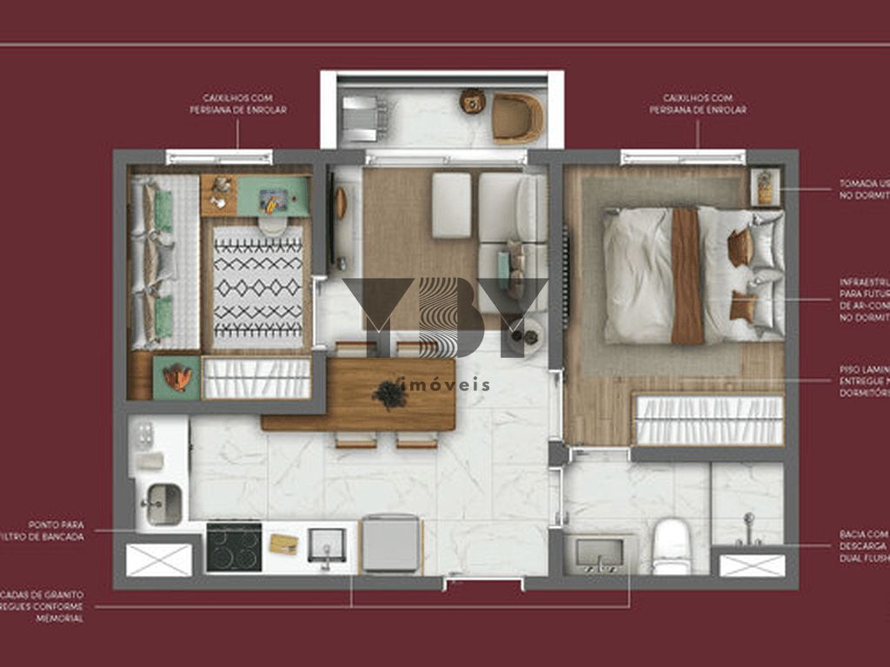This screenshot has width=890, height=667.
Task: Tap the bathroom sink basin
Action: point(599,552)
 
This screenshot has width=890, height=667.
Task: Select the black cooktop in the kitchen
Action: point(234,546)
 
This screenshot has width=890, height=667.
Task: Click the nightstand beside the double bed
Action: point(764,188)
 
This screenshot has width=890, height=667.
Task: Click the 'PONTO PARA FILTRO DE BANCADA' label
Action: point(56,531)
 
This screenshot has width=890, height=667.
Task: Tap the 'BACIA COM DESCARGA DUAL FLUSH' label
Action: point(864,546)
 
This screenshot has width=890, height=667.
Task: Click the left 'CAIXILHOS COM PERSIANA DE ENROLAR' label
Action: point(238,104)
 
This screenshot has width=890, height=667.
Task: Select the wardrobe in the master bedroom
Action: point(709,419)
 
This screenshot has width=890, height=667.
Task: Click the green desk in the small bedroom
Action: point(274,196)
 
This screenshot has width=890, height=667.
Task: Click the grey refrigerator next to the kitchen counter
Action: point(390,544)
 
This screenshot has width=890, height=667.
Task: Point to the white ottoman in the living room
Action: point(451,205)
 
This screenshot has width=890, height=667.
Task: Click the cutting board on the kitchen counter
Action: point(284,544)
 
